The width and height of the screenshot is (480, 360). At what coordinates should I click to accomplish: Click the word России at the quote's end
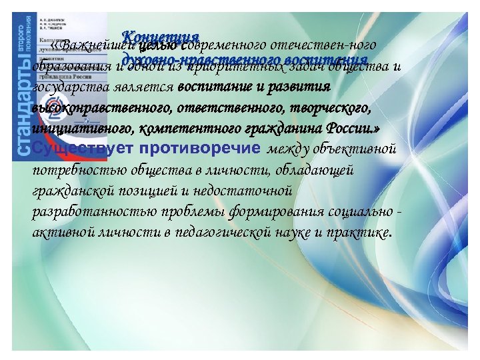(x=354, y=127)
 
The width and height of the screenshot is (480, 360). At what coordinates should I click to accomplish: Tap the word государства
(x=67, y=87)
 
